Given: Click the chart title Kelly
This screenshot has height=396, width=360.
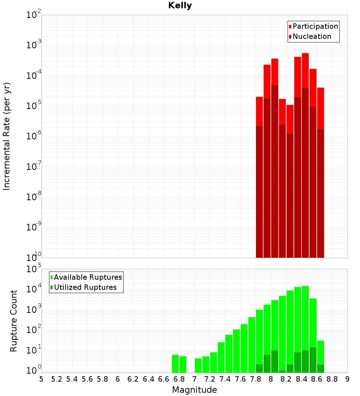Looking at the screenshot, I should click(180, 6).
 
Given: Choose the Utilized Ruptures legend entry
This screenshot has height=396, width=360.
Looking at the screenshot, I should click(85, 287).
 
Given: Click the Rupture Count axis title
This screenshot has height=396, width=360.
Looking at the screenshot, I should click(14, 320).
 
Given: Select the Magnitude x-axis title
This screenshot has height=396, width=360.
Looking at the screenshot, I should click(194, 390).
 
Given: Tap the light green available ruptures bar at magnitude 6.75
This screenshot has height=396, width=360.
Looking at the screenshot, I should click(175, 364).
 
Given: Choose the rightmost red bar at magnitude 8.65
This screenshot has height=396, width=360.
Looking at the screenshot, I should click(320, 108).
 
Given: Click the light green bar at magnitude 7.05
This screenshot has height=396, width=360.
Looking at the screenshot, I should click(198, 365).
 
